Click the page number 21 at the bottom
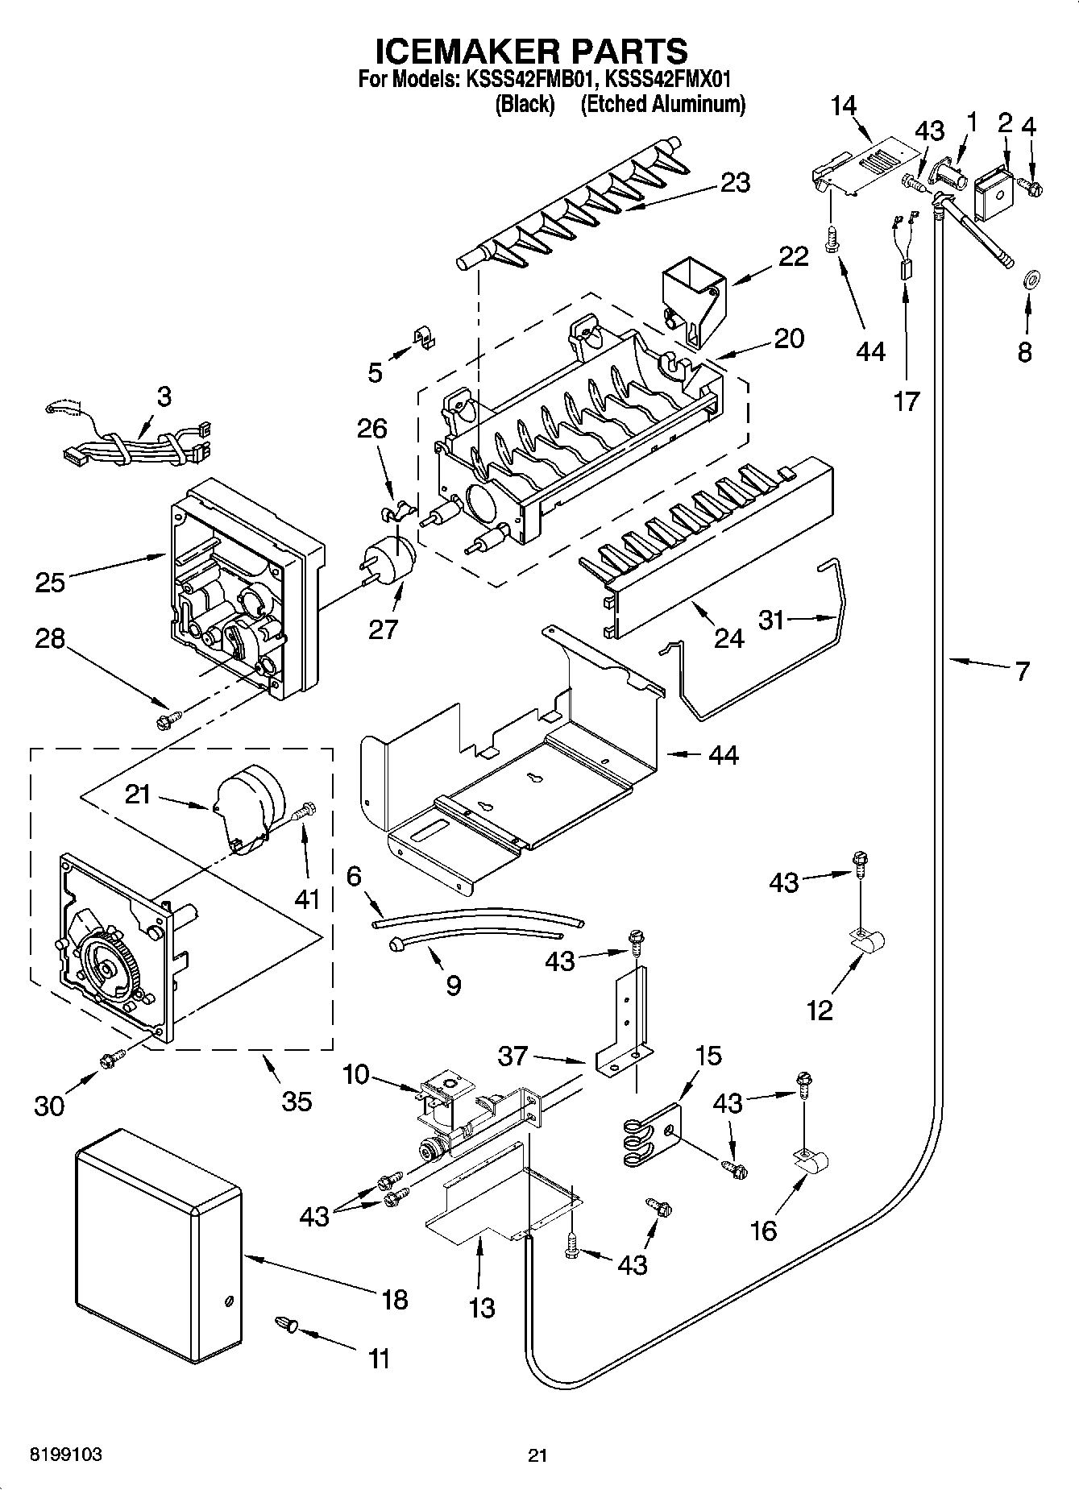(x=537, y=1455)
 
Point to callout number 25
(x=50, y=582)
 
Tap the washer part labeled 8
(x=1030, y=281)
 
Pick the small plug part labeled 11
(x=288, y=1324)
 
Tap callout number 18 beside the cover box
(x=395, y=1299)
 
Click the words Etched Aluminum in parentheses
(x=662, y=105)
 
